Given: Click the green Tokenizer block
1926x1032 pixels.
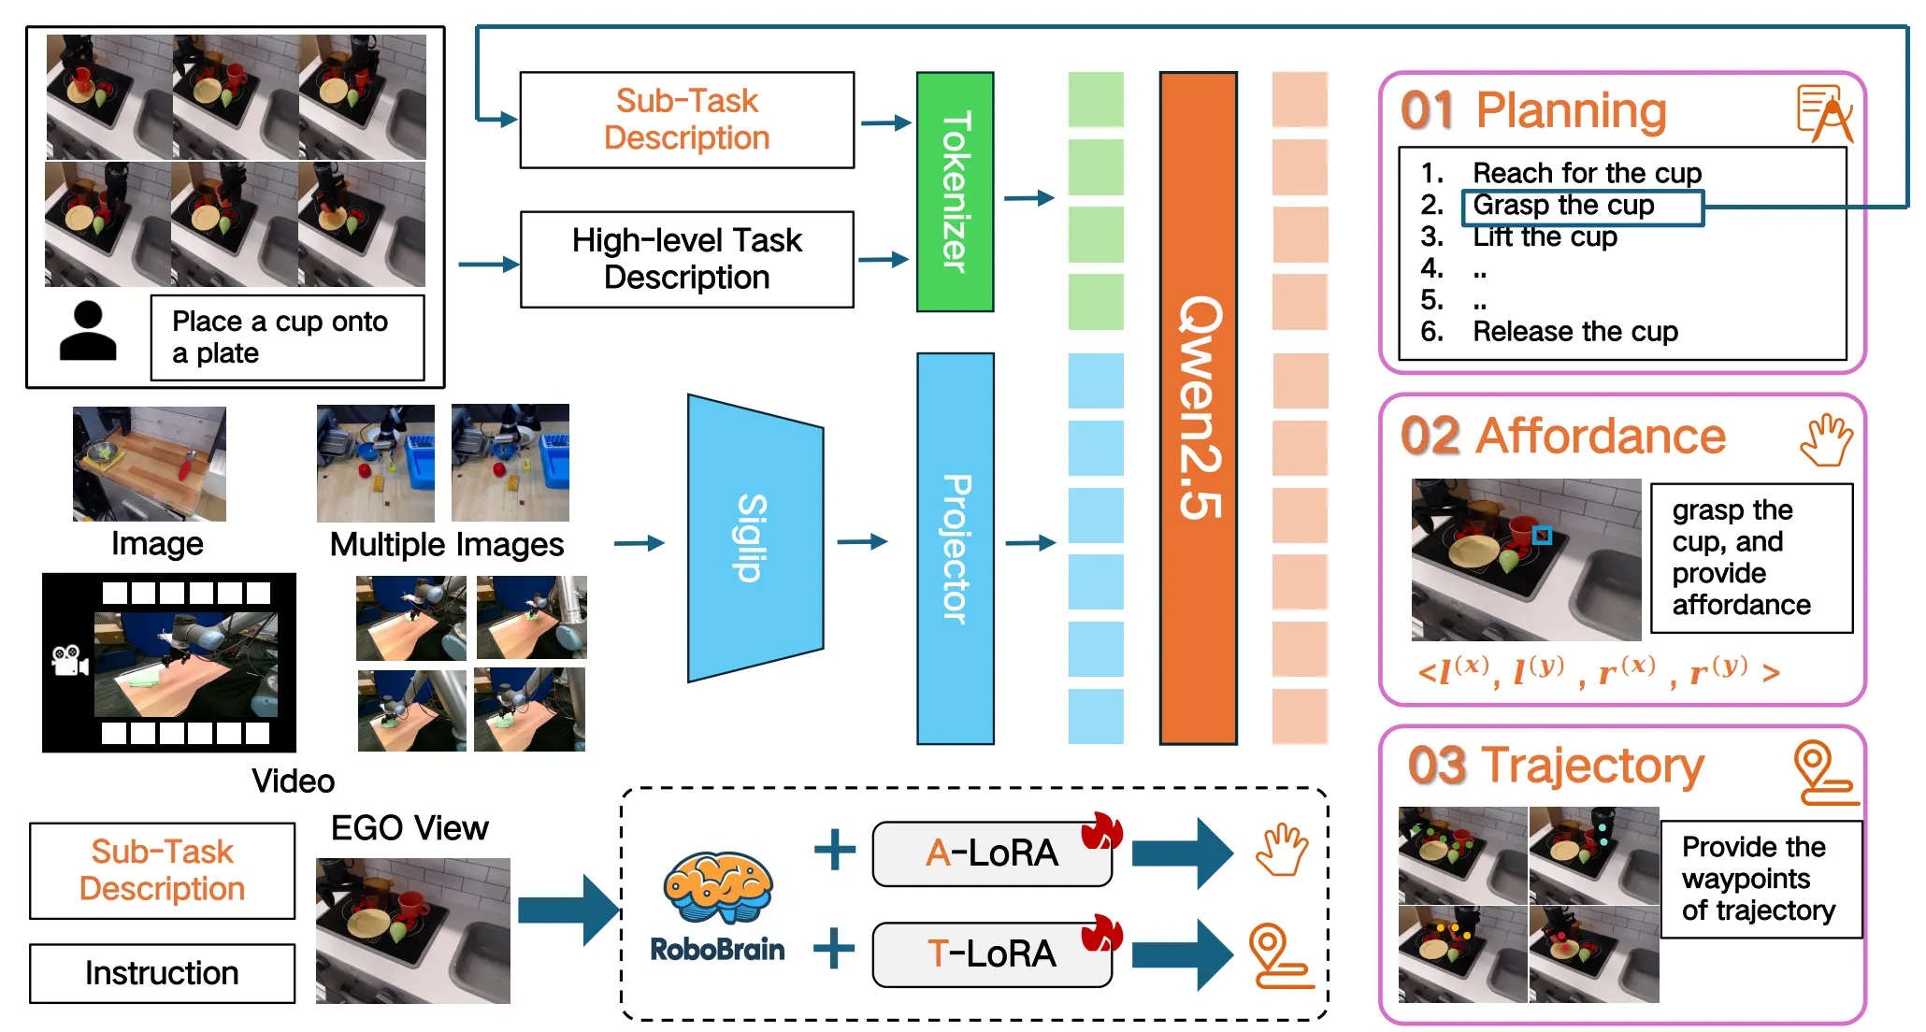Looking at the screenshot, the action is (955, 192).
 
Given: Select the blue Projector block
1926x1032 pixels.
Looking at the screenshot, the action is (955, 549).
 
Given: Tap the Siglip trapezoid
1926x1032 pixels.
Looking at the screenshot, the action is (755, 538).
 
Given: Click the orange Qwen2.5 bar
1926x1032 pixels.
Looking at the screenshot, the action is (1198, 408).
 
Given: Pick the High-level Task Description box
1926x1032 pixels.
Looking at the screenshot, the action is (687, 259).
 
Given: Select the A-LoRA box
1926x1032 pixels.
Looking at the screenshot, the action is (992, 853).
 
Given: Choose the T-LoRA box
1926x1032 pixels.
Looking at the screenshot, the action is (992, 954).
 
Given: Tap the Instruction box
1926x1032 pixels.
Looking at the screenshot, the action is (162, 973).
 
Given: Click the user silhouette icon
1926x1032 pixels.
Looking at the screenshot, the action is (88, 331).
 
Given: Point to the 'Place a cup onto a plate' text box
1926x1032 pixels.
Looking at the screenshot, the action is (287, 337).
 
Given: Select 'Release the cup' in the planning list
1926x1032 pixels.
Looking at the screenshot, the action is (1575, 332).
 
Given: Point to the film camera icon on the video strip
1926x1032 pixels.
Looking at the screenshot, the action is (70, 660).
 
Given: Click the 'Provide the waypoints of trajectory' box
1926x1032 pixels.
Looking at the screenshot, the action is (1761, 879).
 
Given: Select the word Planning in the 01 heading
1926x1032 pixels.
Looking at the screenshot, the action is (1572, 110).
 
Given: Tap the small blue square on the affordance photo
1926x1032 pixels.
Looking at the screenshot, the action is (1542, 536).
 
